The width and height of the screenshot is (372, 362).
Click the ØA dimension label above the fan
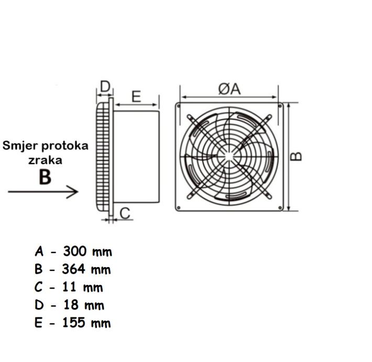[x=229, y=89]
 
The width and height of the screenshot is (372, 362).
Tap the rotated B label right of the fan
[x=297, y=156]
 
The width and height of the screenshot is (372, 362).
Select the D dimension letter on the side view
[x=105, y=87]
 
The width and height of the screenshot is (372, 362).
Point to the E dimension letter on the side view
[x=136, y=97]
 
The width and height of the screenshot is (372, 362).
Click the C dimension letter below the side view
[x=125, y=213]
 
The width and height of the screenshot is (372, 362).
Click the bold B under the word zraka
[x=45, y=177]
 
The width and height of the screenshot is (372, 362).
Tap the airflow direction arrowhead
[x=72, y=191]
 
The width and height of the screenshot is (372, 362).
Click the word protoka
[x=65, y=146]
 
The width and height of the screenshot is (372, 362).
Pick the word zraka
[x=45, y=161]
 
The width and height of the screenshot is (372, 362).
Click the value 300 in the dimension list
[x=74, y=251]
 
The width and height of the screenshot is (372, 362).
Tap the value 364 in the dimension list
[x=73, y=269]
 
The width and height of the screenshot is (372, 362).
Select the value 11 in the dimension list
[x=69, y=287]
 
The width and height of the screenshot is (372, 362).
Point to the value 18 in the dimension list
[x=70, y=305]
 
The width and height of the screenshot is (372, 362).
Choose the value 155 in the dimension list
[x=73, y=323]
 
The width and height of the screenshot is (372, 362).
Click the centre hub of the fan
[x=228, y=156]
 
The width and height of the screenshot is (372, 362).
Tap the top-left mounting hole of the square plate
[x=179, y=105]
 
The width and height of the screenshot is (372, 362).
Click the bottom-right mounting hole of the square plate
[x=280, y=208]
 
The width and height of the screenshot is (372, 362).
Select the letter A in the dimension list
[x=39, y=251]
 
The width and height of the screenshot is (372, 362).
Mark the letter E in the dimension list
[x=38, y=323]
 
